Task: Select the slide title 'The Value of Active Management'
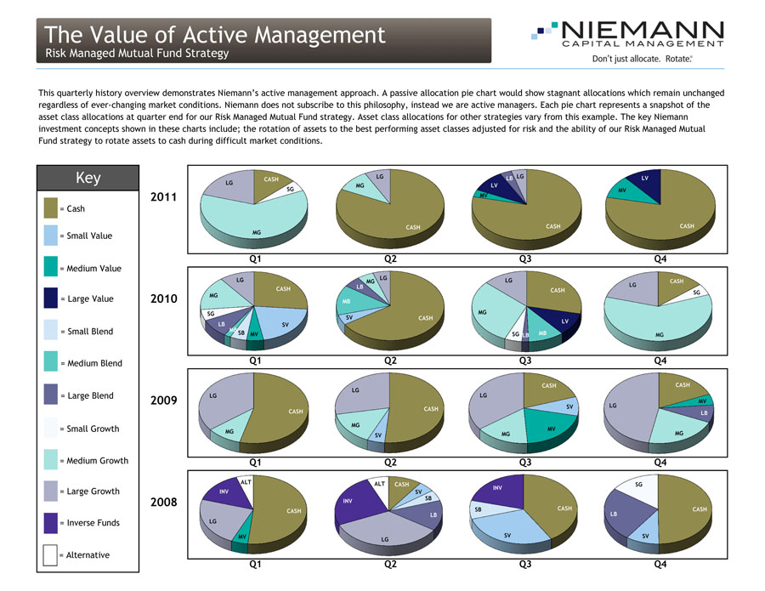pyautogui.click(x=216, y=35)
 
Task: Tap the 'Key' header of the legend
pyautogui.click(x=88, y=178)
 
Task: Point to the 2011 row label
pyautogui.click(x=162, y=197)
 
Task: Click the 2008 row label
pyautogui.click(x=162, y=502)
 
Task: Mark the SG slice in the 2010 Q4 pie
pyautogui.click(x=696, y=293)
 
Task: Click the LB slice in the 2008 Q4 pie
pyautogui.click(x=614, y=514)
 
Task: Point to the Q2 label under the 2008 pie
pyautogui.click(x=390, y=562)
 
